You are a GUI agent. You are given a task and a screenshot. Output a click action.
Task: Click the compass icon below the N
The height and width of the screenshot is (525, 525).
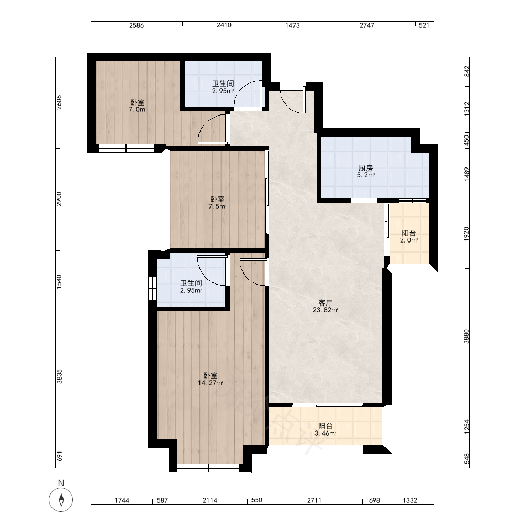click(61, 500)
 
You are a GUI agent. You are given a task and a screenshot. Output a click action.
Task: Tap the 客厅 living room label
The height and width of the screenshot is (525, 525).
click(325, 303)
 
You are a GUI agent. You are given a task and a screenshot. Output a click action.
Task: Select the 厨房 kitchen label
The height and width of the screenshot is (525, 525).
click(365, 168)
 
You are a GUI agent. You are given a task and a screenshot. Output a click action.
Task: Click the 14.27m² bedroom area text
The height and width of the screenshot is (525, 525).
click(211, 383)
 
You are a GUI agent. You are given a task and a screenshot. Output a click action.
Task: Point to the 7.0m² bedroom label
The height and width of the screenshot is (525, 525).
click(138, 110)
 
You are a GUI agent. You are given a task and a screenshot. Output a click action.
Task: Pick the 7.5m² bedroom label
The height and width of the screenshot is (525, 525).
click(217, 206)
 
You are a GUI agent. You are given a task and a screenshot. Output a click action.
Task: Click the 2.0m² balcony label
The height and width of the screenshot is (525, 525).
click(409, 240)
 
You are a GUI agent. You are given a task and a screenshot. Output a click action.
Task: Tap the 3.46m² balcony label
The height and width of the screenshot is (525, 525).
click(325, 433)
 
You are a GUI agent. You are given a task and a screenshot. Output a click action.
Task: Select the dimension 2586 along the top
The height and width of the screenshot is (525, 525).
click(136, 25)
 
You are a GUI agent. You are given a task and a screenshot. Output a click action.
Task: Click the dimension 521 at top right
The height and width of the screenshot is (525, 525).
click(424, 25)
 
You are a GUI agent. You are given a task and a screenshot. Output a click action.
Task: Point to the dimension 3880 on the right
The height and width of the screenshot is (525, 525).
click(466, 337)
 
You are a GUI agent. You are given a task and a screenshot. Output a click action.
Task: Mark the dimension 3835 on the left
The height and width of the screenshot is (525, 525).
click(59, 376)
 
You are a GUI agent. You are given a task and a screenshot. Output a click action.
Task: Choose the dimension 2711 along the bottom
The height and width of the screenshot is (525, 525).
click(314, 500)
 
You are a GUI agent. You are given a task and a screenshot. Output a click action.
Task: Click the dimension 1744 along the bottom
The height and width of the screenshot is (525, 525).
click(122, 500)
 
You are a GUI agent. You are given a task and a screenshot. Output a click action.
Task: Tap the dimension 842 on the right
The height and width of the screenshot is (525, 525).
click(466, 71)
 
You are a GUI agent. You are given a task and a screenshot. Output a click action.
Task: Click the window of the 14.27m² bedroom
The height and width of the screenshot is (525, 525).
click(208, 468)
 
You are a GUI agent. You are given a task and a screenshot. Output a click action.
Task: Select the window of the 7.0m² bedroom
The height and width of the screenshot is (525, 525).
click(126, 149)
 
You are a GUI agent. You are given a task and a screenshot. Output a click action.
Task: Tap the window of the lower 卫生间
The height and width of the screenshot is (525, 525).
click(152, 288)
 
